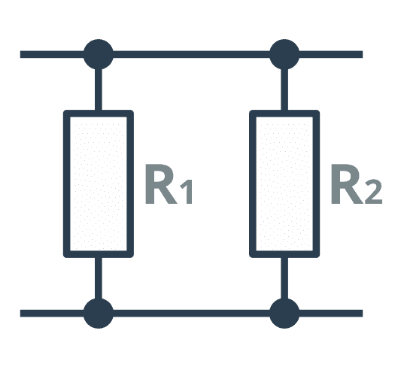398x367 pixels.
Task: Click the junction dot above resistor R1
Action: (x=99, y=54)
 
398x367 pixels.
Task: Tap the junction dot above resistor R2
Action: (x=284, y=54)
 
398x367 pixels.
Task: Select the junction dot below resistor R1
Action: (x=99, y=313)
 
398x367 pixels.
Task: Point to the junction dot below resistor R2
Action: (x=284, y=313)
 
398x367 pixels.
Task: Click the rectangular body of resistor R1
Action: (x=66, y=183)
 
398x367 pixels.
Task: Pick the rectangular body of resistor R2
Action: (x=253, y=183)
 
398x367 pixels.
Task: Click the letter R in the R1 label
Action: (x=161, y=184)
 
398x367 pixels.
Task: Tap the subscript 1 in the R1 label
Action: (x=187, y=192)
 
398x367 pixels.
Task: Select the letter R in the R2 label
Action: (x=347, y=184)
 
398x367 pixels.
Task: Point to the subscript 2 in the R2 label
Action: (x=374, y=192)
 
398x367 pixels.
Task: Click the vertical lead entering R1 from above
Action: (x=99, y=89)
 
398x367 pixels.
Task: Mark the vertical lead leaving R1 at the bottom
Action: (x=99, y=278)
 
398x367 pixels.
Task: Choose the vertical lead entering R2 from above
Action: (x=284, y=89)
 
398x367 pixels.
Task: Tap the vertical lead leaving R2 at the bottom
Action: (x=284, y=278)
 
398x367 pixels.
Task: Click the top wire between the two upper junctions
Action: (x=191, y=54)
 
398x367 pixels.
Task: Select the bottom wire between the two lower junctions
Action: (x=191, y=313)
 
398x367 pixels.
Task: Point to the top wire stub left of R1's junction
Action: (x=52, y=54)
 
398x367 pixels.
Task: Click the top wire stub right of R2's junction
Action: (x=331, y=54)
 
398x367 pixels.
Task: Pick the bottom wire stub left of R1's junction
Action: (x=52, y=313)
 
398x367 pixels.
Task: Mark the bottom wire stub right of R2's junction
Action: (x=331, y=313)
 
